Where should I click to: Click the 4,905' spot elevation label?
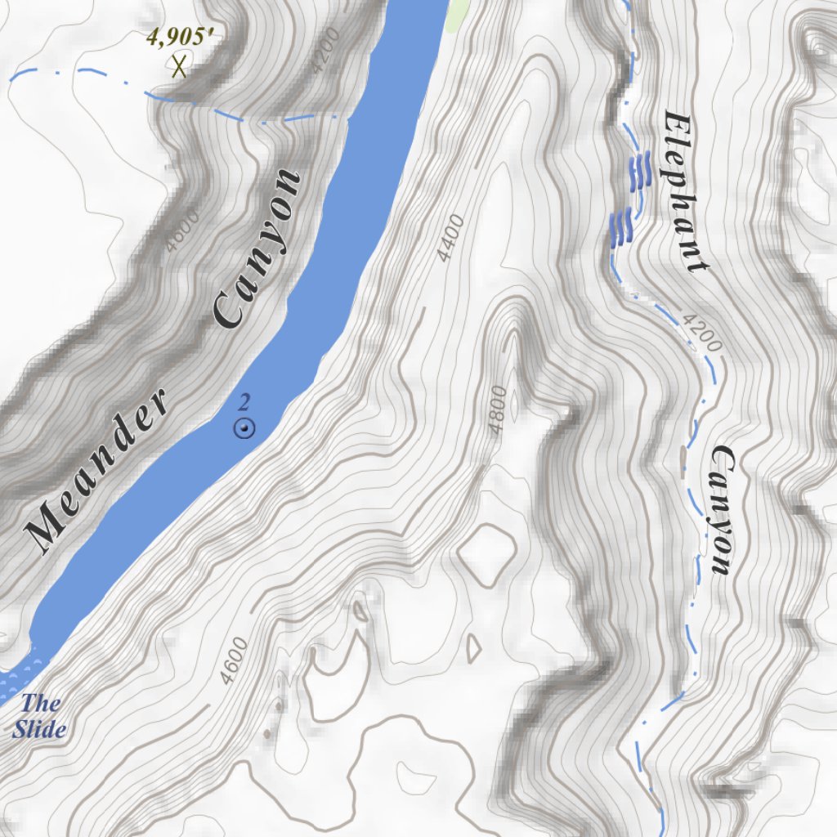point(184,38)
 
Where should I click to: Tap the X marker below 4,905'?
point(179,66)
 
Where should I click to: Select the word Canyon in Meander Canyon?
point(256,248)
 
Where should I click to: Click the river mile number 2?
point(244,401)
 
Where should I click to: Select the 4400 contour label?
point(450,238)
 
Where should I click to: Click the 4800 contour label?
point(496,410)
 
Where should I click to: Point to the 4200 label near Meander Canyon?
point(325,57)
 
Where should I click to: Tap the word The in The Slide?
point(41,703)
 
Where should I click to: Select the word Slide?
point(39,728)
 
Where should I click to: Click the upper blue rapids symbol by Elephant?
point(639,170)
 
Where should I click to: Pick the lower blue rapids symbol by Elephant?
point(622,226)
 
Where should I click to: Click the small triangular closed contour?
point(472,649)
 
